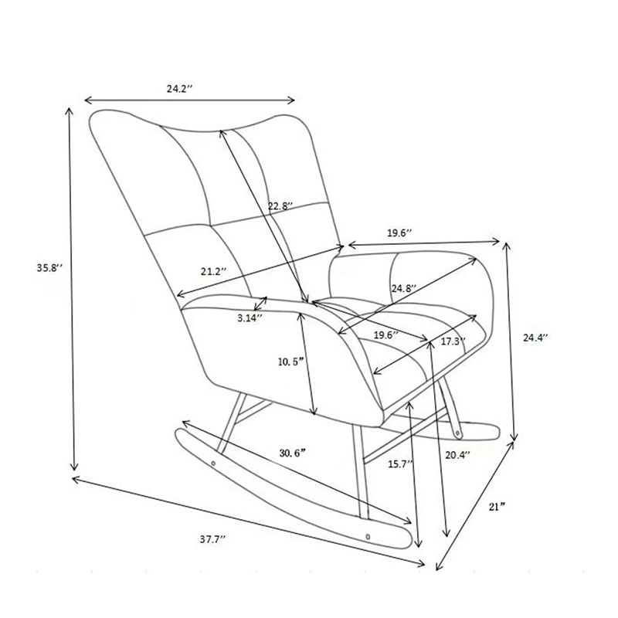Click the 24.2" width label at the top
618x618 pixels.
(179, 88)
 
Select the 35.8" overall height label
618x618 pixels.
(49, 267)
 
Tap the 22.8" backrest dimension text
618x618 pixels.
(280, 205)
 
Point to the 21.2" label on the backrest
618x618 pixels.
(214, 271)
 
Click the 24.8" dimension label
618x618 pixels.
(404, 288)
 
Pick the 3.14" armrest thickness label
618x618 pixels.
(250, 317)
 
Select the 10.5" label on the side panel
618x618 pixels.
(291, 362)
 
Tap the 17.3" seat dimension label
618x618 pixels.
(453, 341)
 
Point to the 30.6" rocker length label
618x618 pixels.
(293, 453)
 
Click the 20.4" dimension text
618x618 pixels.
(458, 455)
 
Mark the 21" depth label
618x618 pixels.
(497, 507)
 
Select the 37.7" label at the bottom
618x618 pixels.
(212, 539)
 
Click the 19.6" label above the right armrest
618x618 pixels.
(399, 233)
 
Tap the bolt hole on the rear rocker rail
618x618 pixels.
(457, 433)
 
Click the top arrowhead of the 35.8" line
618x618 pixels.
(69, 111)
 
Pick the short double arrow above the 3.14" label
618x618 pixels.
(260, 304)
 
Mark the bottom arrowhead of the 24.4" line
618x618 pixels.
(514, 436)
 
